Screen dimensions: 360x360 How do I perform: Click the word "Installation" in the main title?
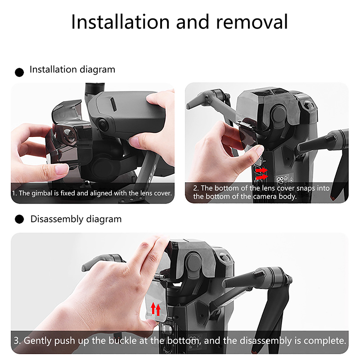pyautogui.click(x=121, y=22)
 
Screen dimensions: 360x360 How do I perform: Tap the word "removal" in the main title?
pyautogui.click(x=252, y=22)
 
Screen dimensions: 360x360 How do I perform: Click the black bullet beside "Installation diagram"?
pyautogui.click(x=19, y=72)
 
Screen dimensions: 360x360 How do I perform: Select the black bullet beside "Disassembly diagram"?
pyautogui.click(x=19, y=219)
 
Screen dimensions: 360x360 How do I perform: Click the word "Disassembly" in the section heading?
pyautogui.click(x=57, y=219)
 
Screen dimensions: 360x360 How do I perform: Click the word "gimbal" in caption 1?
pyautogui.click(x=42, y=193)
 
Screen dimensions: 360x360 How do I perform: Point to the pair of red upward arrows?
pyautogui.click(x=155, y=309)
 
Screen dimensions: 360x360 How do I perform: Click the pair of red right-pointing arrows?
pyautogui.click(x=261, y=173)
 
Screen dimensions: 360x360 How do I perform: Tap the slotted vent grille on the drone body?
pyautogui.click(x=113, y=104)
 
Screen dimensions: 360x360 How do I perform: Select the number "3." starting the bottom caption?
pyautogui.click(x=17, y=341)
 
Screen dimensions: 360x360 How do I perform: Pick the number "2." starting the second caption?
pyautogui.click(x=196, y=188)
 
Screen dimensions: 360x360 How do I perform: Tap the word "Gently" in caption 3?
pyautogui.click(x=38, y=341)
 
